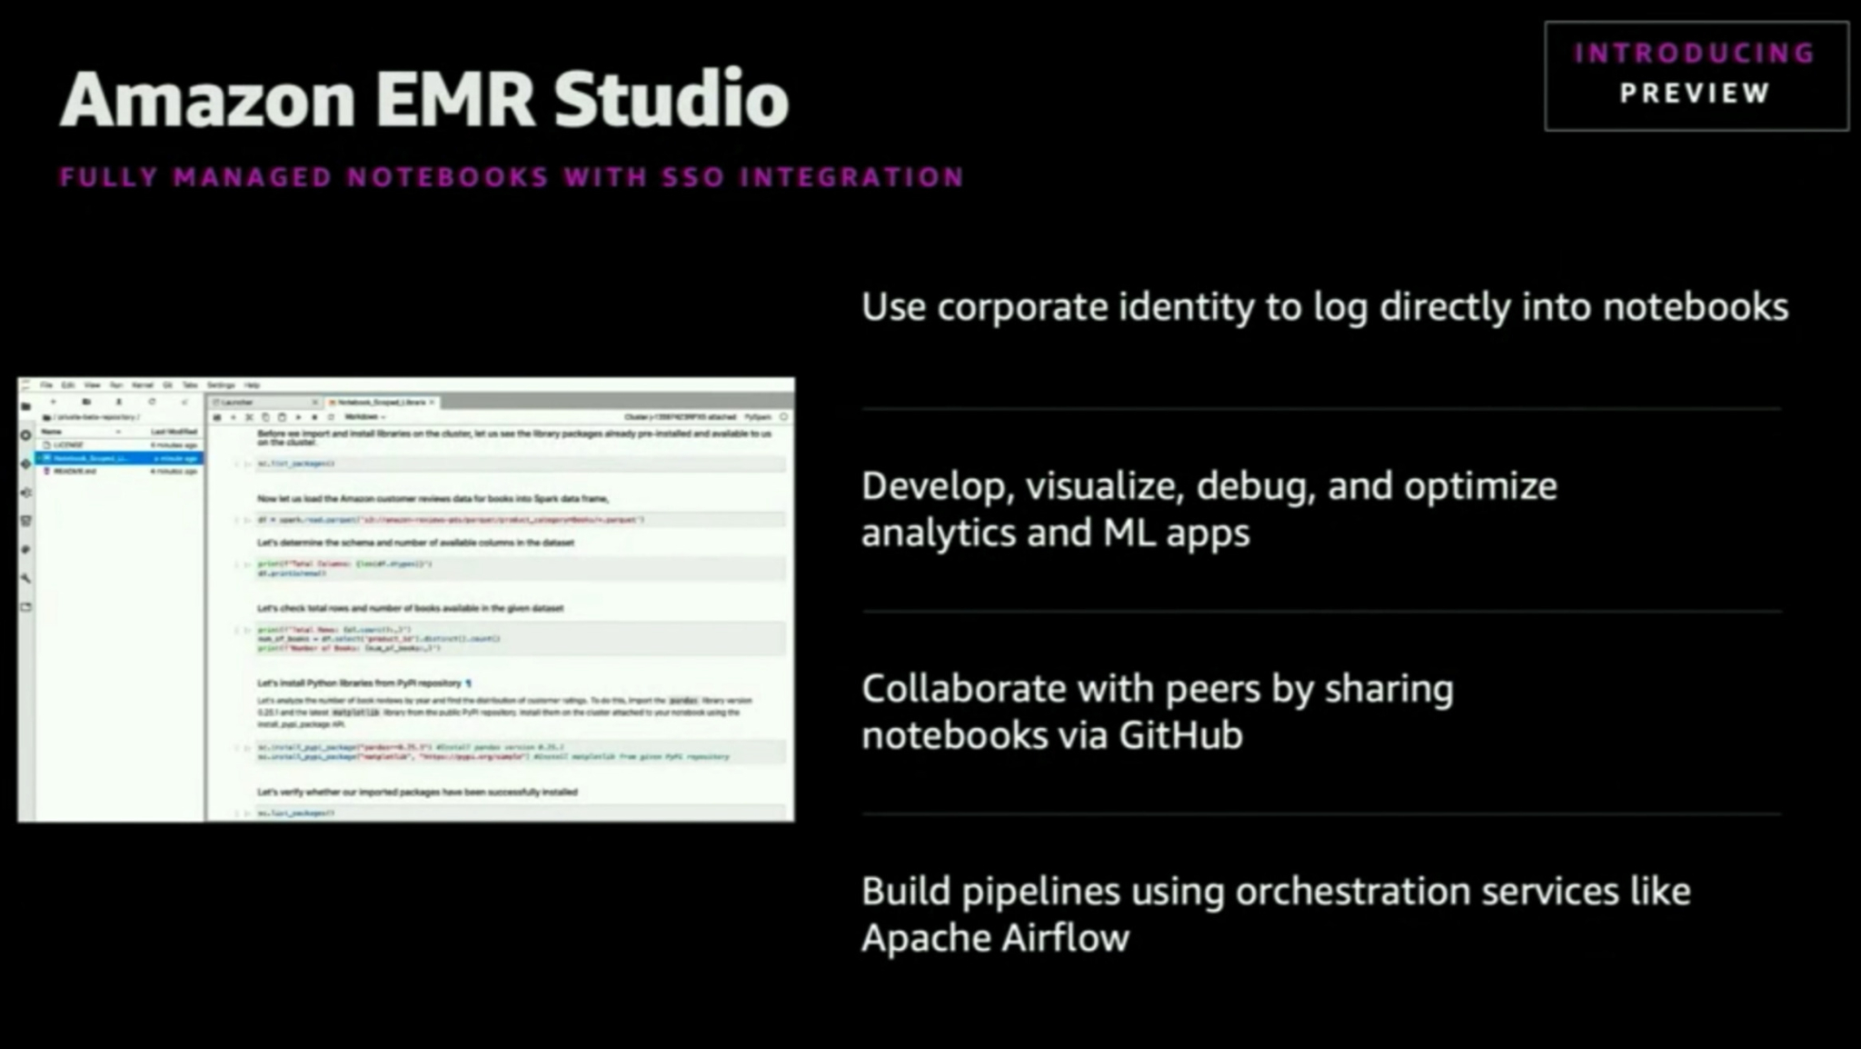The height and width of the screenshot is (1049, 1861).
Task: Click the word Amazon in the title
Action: coord(208,99)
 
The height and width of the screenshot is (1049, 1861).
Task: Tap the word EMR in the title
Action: coord(454,99)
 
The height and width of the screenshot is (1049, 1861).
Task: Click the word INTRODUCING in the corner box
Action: coord(1695,54)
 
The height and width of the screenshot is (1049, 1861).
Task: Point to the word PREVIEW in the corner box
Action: coord(1695,94)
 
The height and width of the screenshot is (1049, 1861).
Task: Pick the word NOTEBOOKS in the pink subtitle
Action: coord(448,177)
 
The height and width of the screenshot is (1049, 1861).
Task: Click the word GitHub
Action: coord(1179,735)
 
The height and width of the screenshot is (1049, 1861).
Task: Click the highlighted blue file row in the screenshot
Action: coord(119,458)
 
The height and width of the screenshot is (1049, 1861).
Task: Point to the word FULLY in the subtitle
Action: coord(109,177)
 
